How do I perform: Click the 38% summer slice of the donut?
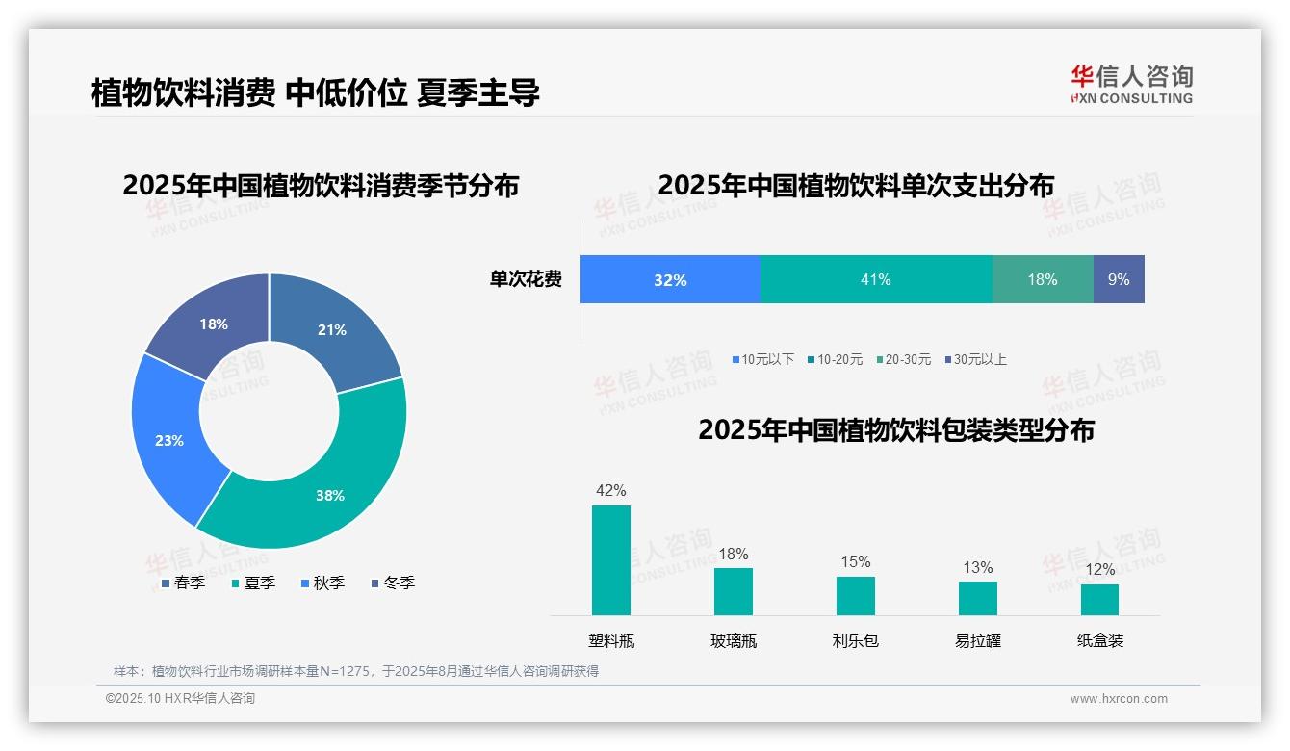pos(327,486)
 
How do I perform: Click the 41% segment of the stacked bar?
pos(876,279)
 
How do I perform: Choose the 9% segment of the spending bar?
pos(1119,279)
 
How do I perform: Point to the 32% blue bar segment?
pos(670,279)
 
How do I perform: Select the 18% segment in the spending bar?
pos(1043,279)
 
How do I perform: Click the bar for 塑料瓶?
pos(611,560)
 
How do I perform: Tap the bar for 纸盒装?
pos(1099,599)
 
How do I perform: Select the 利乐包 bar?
pos(855,595)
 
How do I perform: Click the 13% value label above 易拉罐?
pos(978,568)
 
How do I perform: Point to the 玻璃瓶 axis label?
pos(734,641)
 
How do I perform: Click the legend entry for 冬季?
pos(393,583)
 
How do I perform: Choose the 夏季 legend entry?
pos(254,583)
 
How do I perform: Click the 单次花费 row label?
pos(526,280)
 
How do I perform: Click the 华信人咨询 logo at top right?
pos(1132,84)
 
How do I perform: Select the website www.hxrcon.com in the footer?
pos(1119,699)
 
